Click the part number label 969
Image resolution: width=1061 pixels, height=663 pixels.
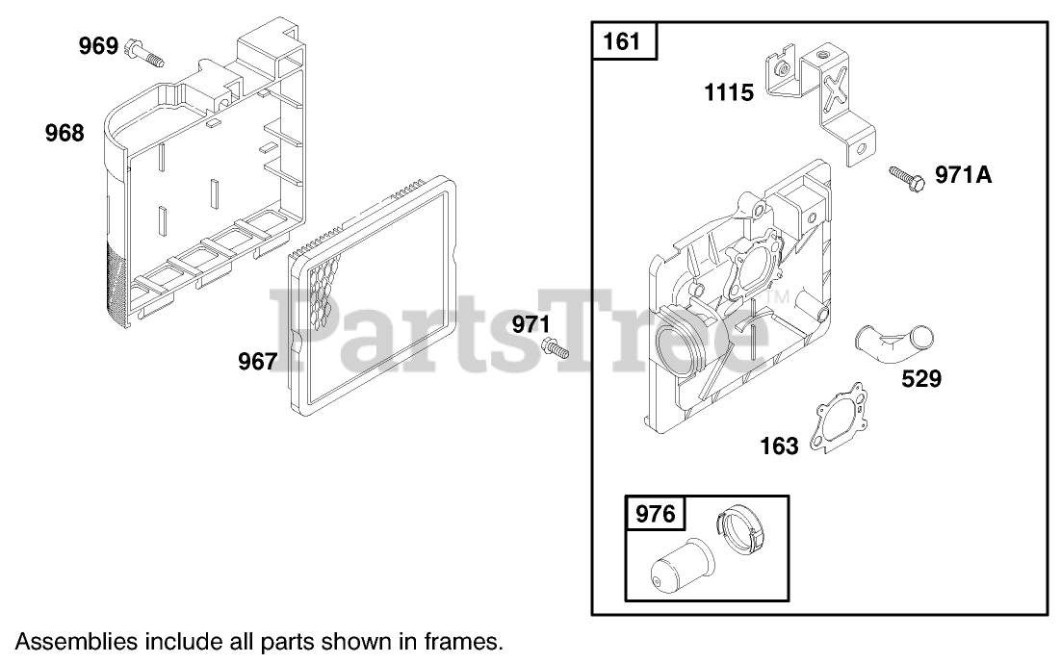click(99, 46)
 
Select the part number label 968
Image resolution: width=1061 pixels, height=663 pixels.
click(65, 133)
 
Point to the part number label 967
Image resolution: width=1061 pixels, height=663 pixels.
click(257, 361)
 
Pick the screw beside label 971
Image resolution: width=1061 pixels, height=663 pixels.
click(555, 348)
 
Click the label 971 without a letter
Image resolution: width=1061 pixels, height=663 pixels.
click(531, 324)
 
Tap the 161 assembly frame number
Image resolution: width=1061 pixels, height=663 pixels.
click(621, 42)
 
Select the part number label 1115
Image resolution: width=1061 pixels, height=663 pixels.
click(729, 92)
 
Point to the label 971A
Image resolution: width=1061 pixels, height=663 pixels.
click(964, 175)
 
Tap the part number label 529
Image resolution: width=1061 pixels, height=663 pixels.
click(921, 379)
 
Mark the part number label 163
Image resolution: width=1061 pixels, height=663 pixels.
click(780, 446)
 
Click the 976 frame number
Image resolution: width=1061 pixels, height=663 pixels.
click(655, 514)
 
